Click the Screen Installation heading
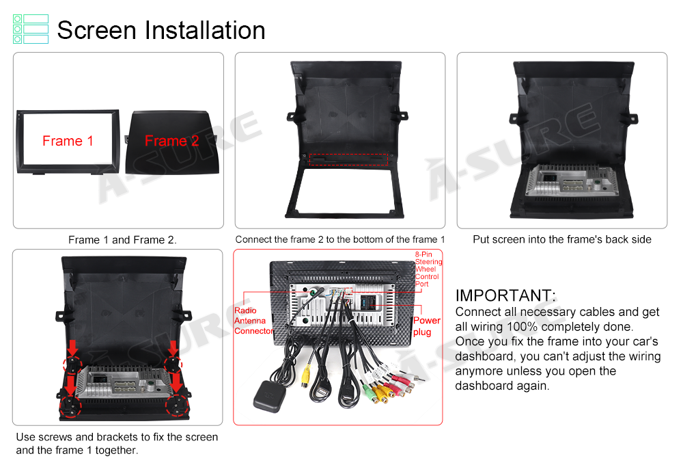tap(161, 30)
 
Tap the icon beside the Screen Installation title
tap(31, 29)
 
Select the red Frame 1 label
tap(68, 141)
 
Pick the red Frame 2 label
tap(171, 141)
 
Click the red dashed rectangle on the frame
tap(348, 159)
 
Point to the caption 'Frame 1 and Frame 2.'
tap(122, 240)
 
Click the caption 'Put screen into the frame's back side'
tap(562, 239)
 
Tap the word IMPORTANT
tap(505, 295)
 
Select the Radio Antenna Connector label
tap(253, 321)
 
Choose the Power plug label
tap(427, 326)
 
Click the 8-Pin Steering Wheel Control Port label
tap(428, 269)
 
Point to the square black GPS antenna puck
tap(270, 397)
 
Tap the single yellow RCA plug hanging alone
tap(306, 377)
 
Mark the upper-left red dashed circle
tap(72, 364)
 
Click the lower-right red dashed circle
tap(177, 405)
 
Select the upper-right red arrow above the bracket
tap(173, 348)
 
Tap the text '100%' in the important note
tap(522, 327)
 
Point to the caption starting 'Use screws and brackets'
tap(117, 444)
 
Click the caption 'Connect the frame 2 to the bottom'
tap(340, 239)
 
